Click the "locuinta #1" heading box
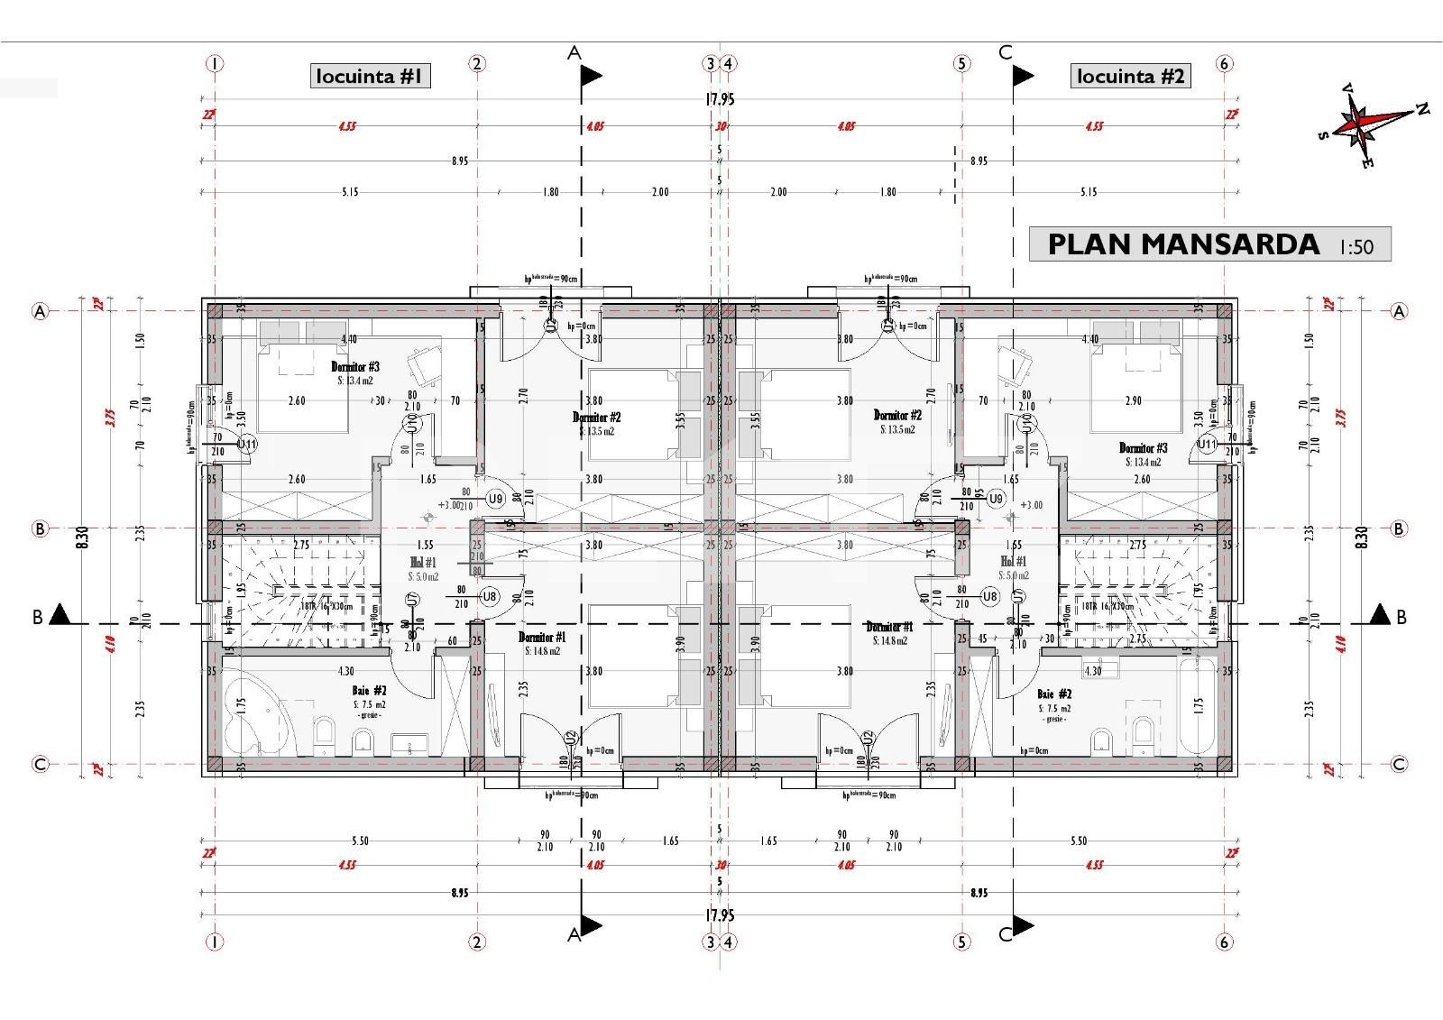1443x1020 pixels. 370,76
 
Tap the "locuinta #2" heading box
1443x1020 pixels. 1131,76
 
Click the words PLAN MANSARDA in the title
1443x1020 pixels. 1182,244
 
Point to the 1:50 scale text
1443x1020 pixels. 1356,246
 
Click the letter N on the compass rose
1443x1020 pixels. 1422,109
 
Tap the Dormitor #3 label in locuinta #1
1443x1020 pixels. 354,367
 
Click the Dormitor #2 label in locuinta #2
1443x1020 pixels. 897,416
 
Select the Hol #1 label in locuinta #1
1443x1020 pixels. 423,562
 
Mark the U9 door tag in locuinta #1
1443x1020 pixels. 495,499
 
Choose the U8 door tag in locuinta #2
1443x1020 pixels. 990,596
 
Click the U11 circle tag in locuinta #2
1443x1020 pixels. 1208,445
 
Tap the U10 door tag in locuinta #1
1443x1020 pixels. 410,423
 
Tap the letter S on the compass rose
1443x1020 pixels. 1323,135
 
